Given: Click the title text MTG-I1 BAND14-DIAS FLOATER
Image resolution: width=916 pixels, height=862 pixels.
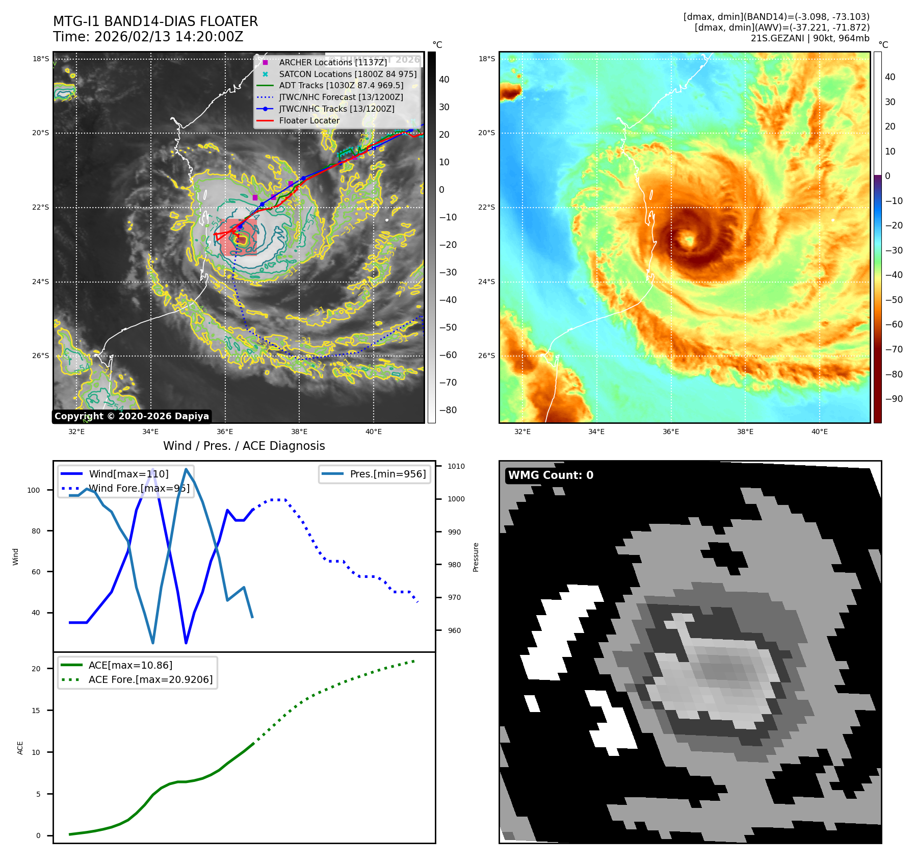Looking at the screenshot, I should tap(155, 21).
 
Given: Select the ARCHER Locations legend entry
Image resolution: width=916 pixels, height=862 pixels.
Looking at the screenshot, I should tap(333, 62).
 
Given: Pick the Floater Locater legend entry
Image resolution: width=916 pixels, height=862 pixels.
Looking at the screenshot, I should tap(309, 120).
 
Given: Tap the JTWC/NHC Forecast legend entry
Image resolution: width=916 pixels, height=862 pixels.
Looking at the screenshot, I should tap(341, 97).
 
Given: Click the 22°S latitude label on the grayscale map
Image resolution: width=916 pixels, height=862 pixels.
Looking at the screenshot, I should tap(41, 207).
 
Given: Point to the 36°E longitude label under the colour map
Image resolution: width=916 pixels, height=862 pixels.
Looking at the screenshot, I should tap(670, 432).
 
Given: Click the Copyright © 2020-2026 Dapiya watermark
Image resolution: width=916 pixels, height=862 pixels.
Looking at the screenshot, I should tap(132, 416).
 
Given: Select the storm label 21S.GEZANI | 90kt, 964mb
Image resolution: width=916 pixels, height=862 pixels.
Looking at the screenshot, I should tap(809, 38).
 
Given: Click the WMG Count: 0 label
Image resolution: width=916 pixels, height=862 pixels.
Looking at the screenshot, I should tap(551, 475).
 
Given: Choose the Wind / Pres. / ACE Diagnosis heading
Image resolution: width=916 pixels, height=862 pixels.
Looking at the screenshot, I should tap(244, 446).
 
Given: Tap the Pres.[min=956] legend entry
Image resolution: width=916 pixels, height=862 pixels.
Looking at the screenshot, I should tap(387, 474).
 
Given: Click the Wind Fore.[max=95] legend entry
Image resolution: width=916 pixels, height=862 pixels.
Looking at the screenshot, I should tap(139, 488).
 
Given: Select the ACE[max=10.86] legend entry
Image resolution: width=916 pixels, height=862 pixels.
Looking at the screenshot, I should tap(130, 665).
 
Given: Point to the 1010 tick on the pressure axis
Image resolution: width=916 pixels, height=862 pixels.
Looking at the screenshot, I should tap(456, 466).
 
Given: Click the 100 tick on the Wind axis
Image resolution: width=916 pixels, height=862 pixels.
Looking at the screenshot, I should tap(34, 490).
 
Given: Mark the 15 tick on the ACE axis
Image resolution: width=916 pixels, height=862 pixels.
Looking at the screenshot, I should tap(36, 711).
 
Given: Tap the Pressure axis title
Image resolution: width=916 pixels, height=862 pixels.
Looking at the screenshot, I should tap(476, 557).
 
